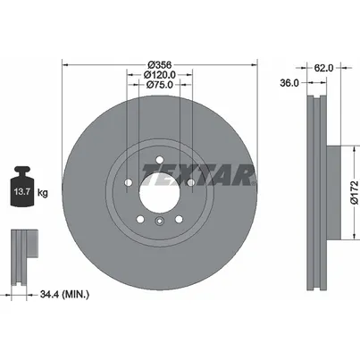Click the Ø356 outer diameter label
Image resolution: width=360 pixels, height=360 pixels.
click(x=160, y=64)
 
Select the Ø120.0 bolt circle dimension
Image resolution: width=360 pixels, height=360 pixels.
click(x=160, y=75)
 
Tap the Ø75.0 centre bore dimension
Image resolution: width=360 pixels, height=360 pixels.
click(x=160, y=85)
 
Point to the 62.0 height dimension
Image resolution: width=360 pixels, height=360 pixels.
click(x=323, y=68)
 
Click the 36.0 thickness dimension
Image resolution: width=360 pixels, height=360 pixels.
click(x=289, y=83)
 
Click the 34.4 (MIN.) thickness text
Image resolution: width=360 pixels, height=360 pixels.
click(x=64, y=295)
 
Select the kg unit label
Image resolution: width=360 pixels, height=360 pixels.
click(x=42, y=193)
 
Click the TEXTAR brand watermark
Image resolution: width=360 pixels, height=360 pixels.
click(x=199, y=175)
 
